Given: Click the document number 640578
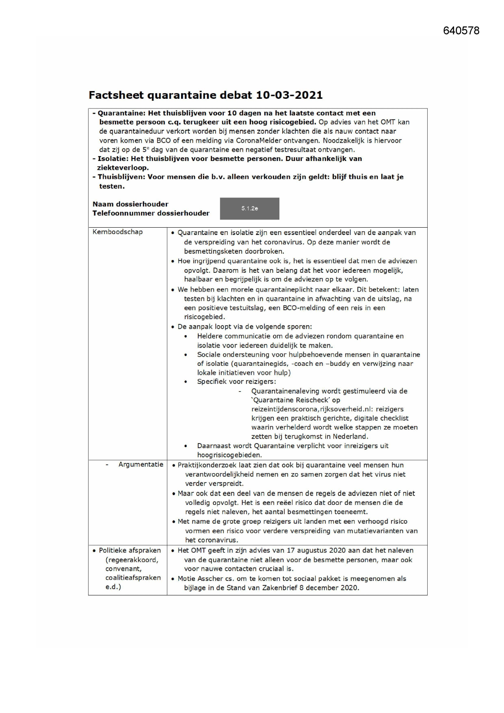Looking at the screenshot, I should [461, 31].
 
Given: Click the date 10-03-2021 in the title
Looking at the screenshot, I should [289, 95].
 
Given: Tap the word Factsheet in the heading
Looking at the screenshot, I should [116, 95].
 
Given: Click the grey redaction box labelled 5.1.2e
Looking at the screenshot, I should [249, 209].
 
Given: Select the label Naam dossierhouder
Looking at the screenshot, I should [130, 204].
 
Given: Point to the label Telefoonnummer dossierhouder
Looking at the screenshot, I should [151, 213].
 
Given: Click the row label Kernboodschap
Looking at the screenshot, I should [118, 232].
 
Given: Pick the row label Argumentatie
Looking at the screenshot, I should [141, 465].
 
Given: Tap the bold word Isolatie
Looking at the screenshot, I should [112, 159].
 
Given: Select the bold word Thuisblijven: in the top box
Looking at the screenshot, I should [121, 177].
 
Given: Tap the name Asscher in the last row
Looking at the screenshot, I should [210, 579].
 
